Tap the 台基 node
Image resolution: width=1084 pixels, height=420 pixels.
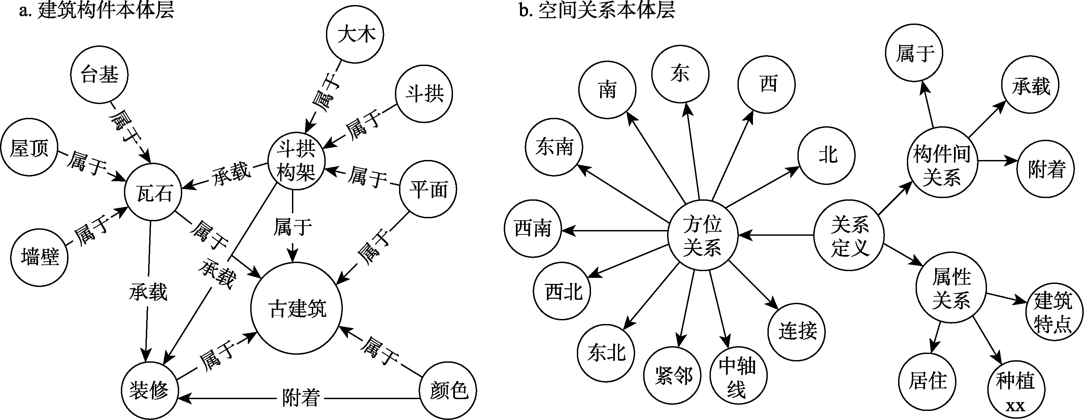[x=99, y=75]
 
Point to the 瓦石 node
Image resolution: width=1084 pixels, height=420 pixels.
[x=154, y=193]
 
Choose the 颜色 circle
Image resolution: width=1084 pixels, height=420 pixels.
[x=449, y=391]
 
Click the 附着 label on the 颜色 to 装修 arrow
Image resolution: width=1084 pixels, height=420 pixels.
[x=300, y=398]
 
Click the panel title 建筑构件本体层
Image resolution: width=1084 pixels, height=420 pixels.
[x=97, y=10]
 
